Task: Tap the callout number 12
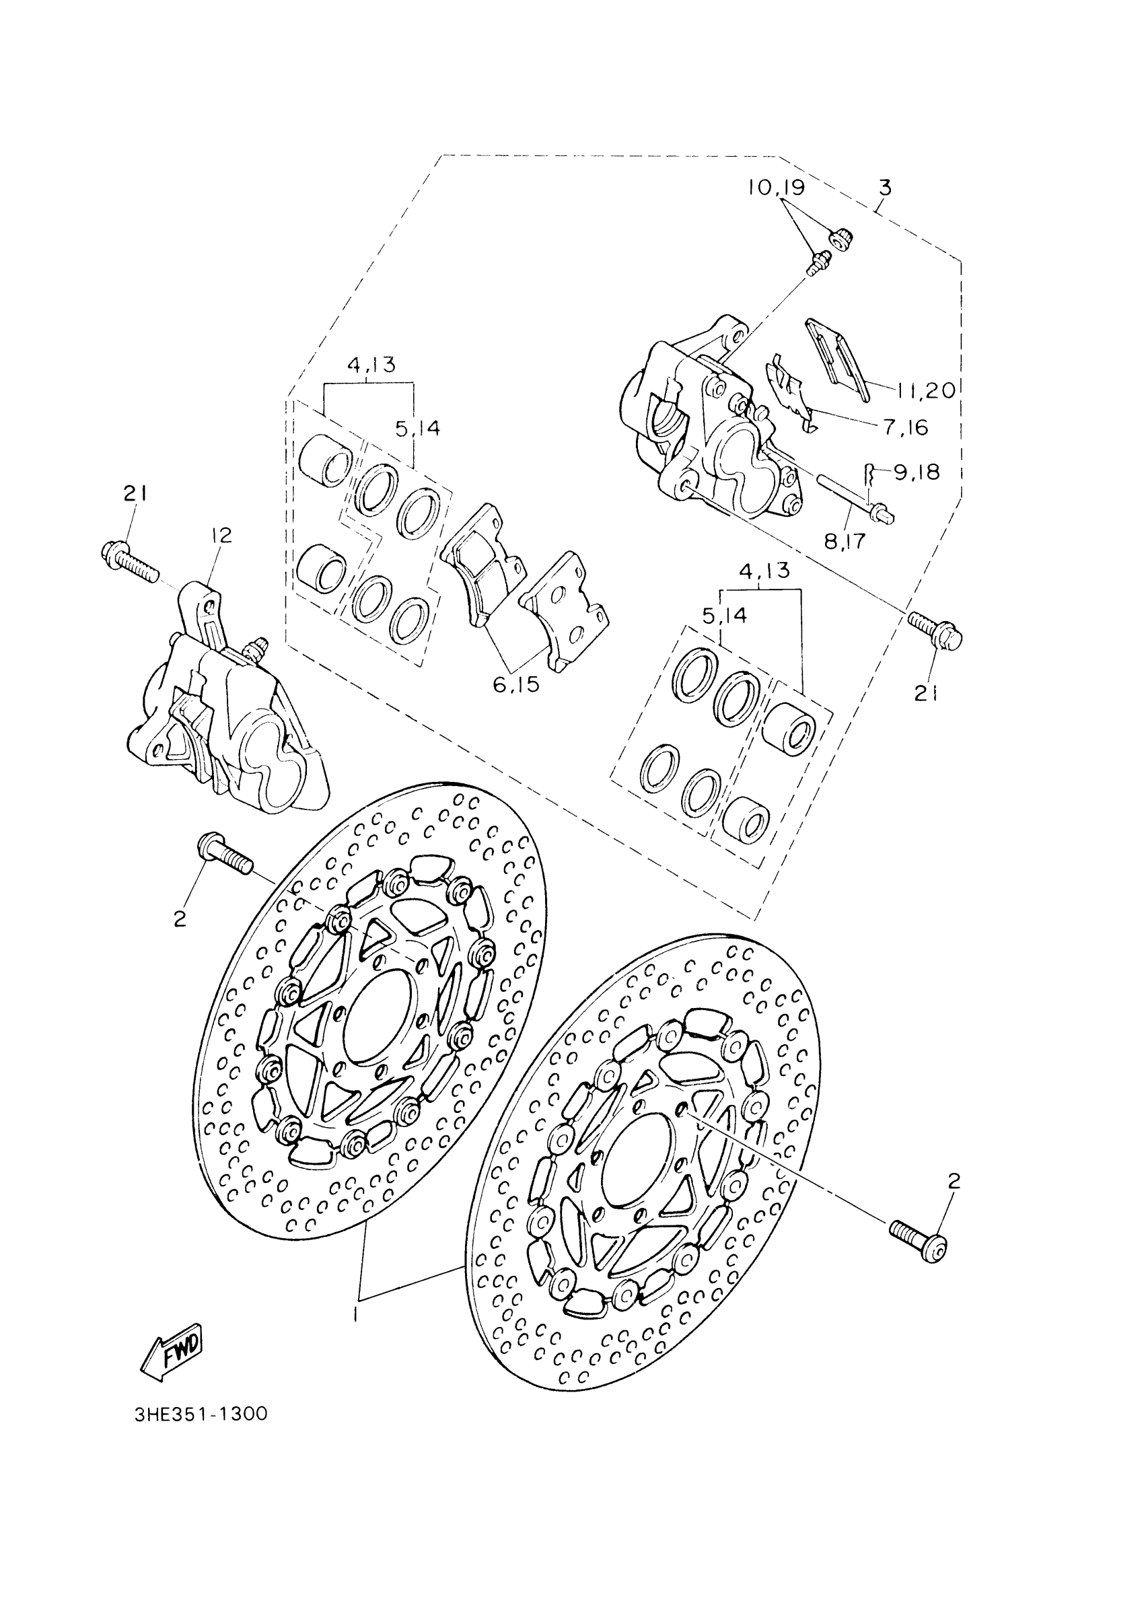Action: [221, 535]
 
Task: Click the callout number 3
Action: [885, 188]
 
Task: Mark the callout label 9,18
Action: [917, 472]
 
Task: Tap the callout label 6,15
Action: [516, 683]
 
